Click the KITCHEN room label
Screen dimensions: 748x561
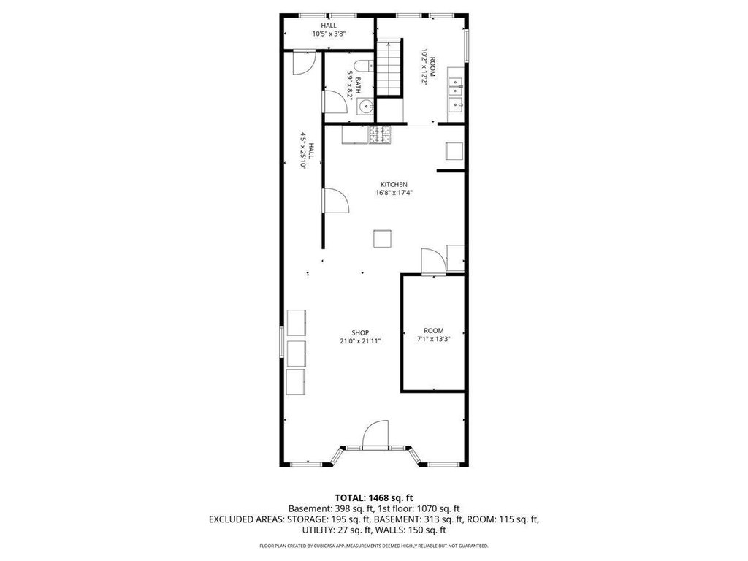[394, 185]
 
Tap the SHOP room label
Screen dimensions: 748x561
[360, 332]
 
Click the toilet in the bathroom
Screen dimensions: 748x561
[364, 66]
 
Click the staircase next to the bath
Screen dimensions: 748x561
[390, 68]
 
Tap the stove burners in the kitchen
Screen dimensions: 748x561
[379, 134]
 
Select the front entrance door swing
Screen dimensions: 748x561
[375, 434]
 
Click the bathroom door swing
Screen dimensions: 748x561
[335, 102]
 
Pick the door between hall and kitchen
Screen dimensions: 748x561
[336, 200]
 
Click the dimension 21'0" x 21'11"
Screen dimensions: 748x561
[360, 341]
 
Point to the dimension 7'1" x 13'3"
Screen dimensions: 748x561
[434, 339]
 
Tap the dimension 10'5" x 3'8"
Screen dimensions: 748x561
[329, 34]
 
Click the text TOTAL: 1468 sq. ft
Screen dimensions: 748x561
[374, 498]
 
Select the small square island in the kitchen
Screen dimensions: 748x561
[382, 239]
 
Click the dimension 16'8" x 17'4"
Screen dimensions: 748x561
[394, 193]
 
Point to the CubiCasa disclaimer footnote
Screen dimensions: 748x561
[374, 546]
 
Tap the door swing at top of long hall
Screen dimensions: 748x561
[303, 64]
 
